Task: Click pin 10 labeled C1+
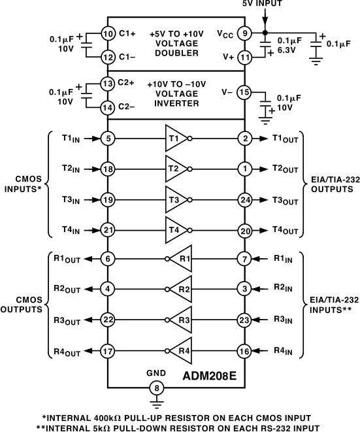tap(108, 33)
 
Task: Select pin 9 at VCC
tap(244, 33)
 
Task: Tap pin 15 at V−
tap(244, 92)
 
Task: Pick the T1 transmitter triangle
tap(175, 139)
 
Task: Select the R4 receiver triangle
tap(184, 350)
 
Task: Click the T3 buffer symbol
tap(175, 199)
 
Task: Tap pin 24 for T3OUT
tap(244, 199)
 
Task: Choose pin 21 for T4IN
tap(108, 230)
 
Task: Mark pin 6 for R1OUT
tap(108, 259)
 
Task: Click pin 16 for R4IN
tap(244, 350)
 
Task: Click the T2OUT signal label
tap(286, 169)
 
